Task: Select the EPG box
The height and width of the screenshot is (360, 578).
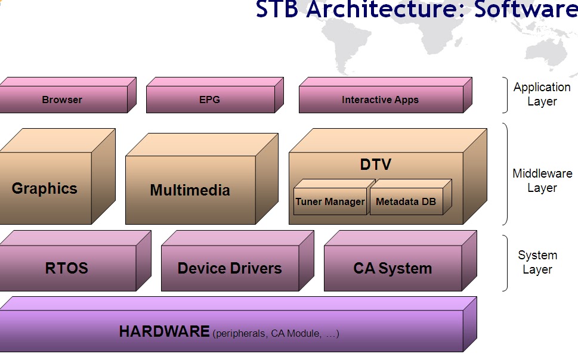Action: coord(215,95)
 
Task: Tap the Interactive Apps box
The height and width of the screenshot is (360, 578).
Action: coord(385,95)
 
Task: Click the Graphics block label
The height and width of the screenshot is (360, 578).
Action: coord(45,188)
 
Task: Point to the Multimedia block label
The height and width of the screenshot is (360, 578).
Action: coord(190,190)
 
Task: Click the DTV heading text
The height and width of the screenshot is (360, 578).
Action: coord(376,165)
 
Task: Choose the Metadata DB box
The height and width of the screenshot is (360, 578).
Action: coord(410,197)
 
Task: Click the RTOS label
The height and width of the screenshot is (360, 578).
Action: coord(67,268)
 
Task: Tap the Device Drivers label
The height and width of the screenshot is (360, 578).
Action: coord(230,268)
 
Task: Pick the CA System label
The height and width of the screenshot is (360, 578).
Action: coord(392,268)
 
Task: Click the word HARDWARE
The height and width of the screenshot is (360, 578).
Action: coord(165,331)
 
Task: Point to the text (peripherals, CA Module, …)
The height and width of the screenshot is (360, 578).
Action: coord(276,333)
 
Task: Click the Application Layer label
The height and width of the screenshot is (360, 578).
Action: coord(542,94)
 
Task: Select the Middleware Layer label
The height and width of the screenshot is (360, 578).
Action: coord(542,181)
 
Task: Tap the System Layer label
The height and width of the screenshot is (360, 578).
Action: coord(537,262)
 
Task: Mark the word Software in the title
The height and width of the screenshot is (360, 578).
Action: coord(526,9)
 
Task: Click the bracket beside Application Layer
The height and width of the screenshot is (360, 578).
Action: coord(505,95)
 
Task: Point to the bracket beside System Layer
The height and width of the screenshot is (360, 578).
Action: coord(505,263)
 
